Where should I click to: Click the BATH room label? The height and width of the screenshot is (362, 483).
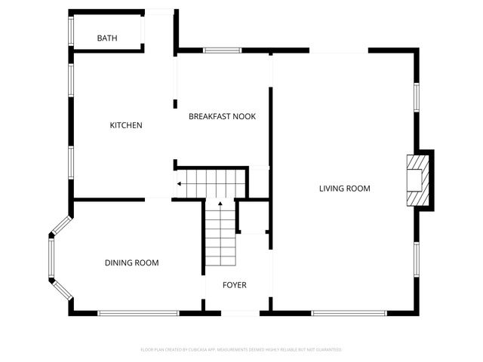coord(106,38)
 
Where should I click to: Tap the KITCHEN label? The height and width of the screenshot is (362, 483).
coord(126,125)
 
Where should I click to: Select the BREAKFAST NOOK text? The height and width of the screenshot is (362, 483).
coord(222,116)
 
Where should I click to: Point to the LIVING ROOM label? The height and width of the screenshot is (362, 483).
coord(344,189)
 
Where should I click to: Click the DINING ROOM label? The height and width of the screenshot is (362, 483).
coord(131,262)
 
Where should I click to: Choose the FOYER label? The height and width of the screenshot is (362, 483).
coord(234,285)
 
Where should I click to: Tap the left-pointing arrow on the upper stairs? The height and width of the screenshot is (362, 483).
coord(180,183)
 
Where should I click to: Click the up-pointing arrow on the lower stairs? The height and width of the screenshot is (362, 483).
coord(220,203)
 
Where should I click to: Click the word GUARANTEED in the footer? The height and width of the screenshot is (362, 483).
coord(325,350)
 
